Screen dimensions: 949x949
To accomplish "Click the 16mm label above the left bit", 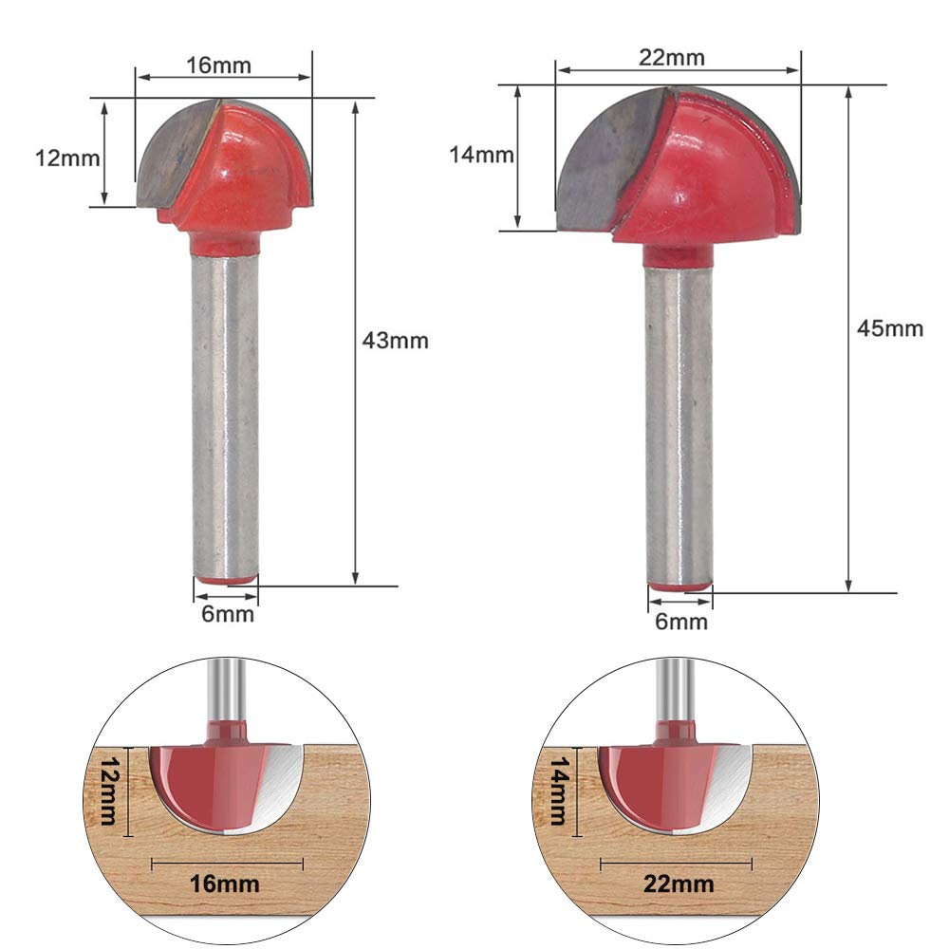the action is (218, 65).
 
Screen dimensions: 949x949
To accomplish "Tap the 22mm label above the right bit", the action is (672, 58).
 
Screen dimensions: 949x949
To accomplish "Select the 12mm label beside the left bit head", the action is (67, 158).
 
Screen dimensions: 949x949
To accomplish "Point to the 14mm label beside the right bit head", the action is (481, 155).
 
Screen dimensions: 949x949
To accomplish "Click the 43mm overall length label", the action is (395, 340).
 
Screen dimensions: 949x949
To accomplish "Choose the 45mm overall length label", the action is (890, 328).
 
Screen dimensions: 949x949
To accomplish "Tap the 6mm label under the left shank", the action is (228, 614).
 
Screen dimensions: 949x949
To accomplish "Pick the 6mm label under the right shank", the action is (680, 621).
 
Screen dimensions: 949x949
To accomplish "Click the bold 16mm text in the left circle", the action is (225, 884).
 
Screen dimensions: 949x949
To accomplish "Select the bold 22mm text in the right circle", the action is (679, 884).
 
